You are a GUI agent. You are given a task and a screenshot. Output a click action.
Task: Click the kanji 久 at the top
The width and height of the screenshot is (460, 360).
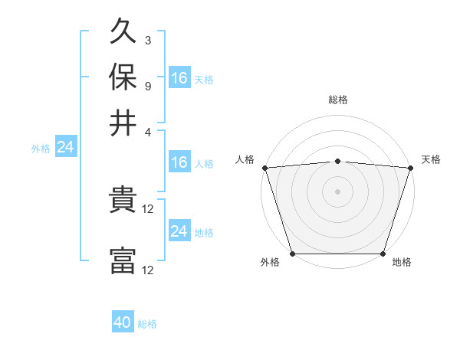point(123,33)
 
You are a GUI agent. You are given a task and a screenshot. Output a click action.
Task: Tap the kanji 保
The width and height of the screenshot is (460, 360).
point(123,77)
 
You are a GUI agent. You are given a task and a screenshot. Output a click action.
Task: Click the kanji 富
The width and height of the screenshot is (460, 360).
point(123,260)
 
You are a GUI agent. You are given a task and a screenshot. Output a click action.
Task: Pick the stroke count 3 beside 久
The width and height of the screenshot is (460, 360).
point(147,40)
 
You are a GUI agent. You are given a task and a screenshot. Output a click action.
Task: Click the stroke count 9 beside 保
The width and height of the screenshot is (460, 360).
point(147,84)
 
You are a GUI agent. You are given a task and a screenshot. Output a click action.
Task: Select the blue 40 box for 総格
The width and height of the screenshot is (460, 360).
point(123,322)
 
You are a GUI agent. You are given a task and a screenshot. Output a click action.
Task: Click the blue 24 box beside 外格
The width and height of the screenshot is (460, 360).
point(65,147)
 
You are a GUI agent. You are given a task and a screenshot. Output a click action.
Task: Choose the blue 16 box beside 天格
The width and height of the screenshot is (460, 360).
point(179,77)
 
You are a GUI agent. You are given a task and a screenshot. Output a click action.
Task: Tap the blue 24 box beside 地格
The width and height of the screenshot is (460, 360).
point(179,231)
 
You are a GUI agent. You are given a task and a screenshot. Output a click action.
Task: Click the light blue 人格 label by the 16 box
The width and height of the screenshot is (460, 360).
point(204,163)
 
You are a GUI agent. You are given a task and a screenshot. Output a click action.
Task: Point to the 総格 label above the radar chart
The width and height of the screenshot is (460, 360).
point(337,100)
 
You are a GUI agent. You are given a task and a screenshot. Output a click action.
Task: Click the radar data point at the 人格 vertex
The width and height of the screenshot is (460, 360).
point(264,167)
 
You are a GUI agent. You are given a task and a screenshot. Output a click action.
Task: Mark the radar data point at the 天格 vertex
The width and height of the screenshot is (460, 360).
point(410,167)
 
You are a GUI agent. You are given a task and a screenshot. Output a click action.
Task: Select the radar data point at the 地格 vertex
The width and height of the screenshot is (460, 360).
point(383,254)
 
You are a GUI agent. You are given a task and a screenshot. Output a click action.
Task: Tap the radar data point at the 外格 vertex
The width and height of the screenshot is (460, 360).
point(292,254)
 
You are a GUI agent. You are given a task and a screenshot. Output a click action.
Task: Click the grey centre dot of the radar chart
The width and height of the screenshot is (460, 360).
point(337,191)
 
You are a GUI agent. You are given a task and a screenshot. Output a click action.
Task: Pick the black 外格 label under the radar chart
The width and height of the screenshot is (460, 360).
point(270,263)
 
